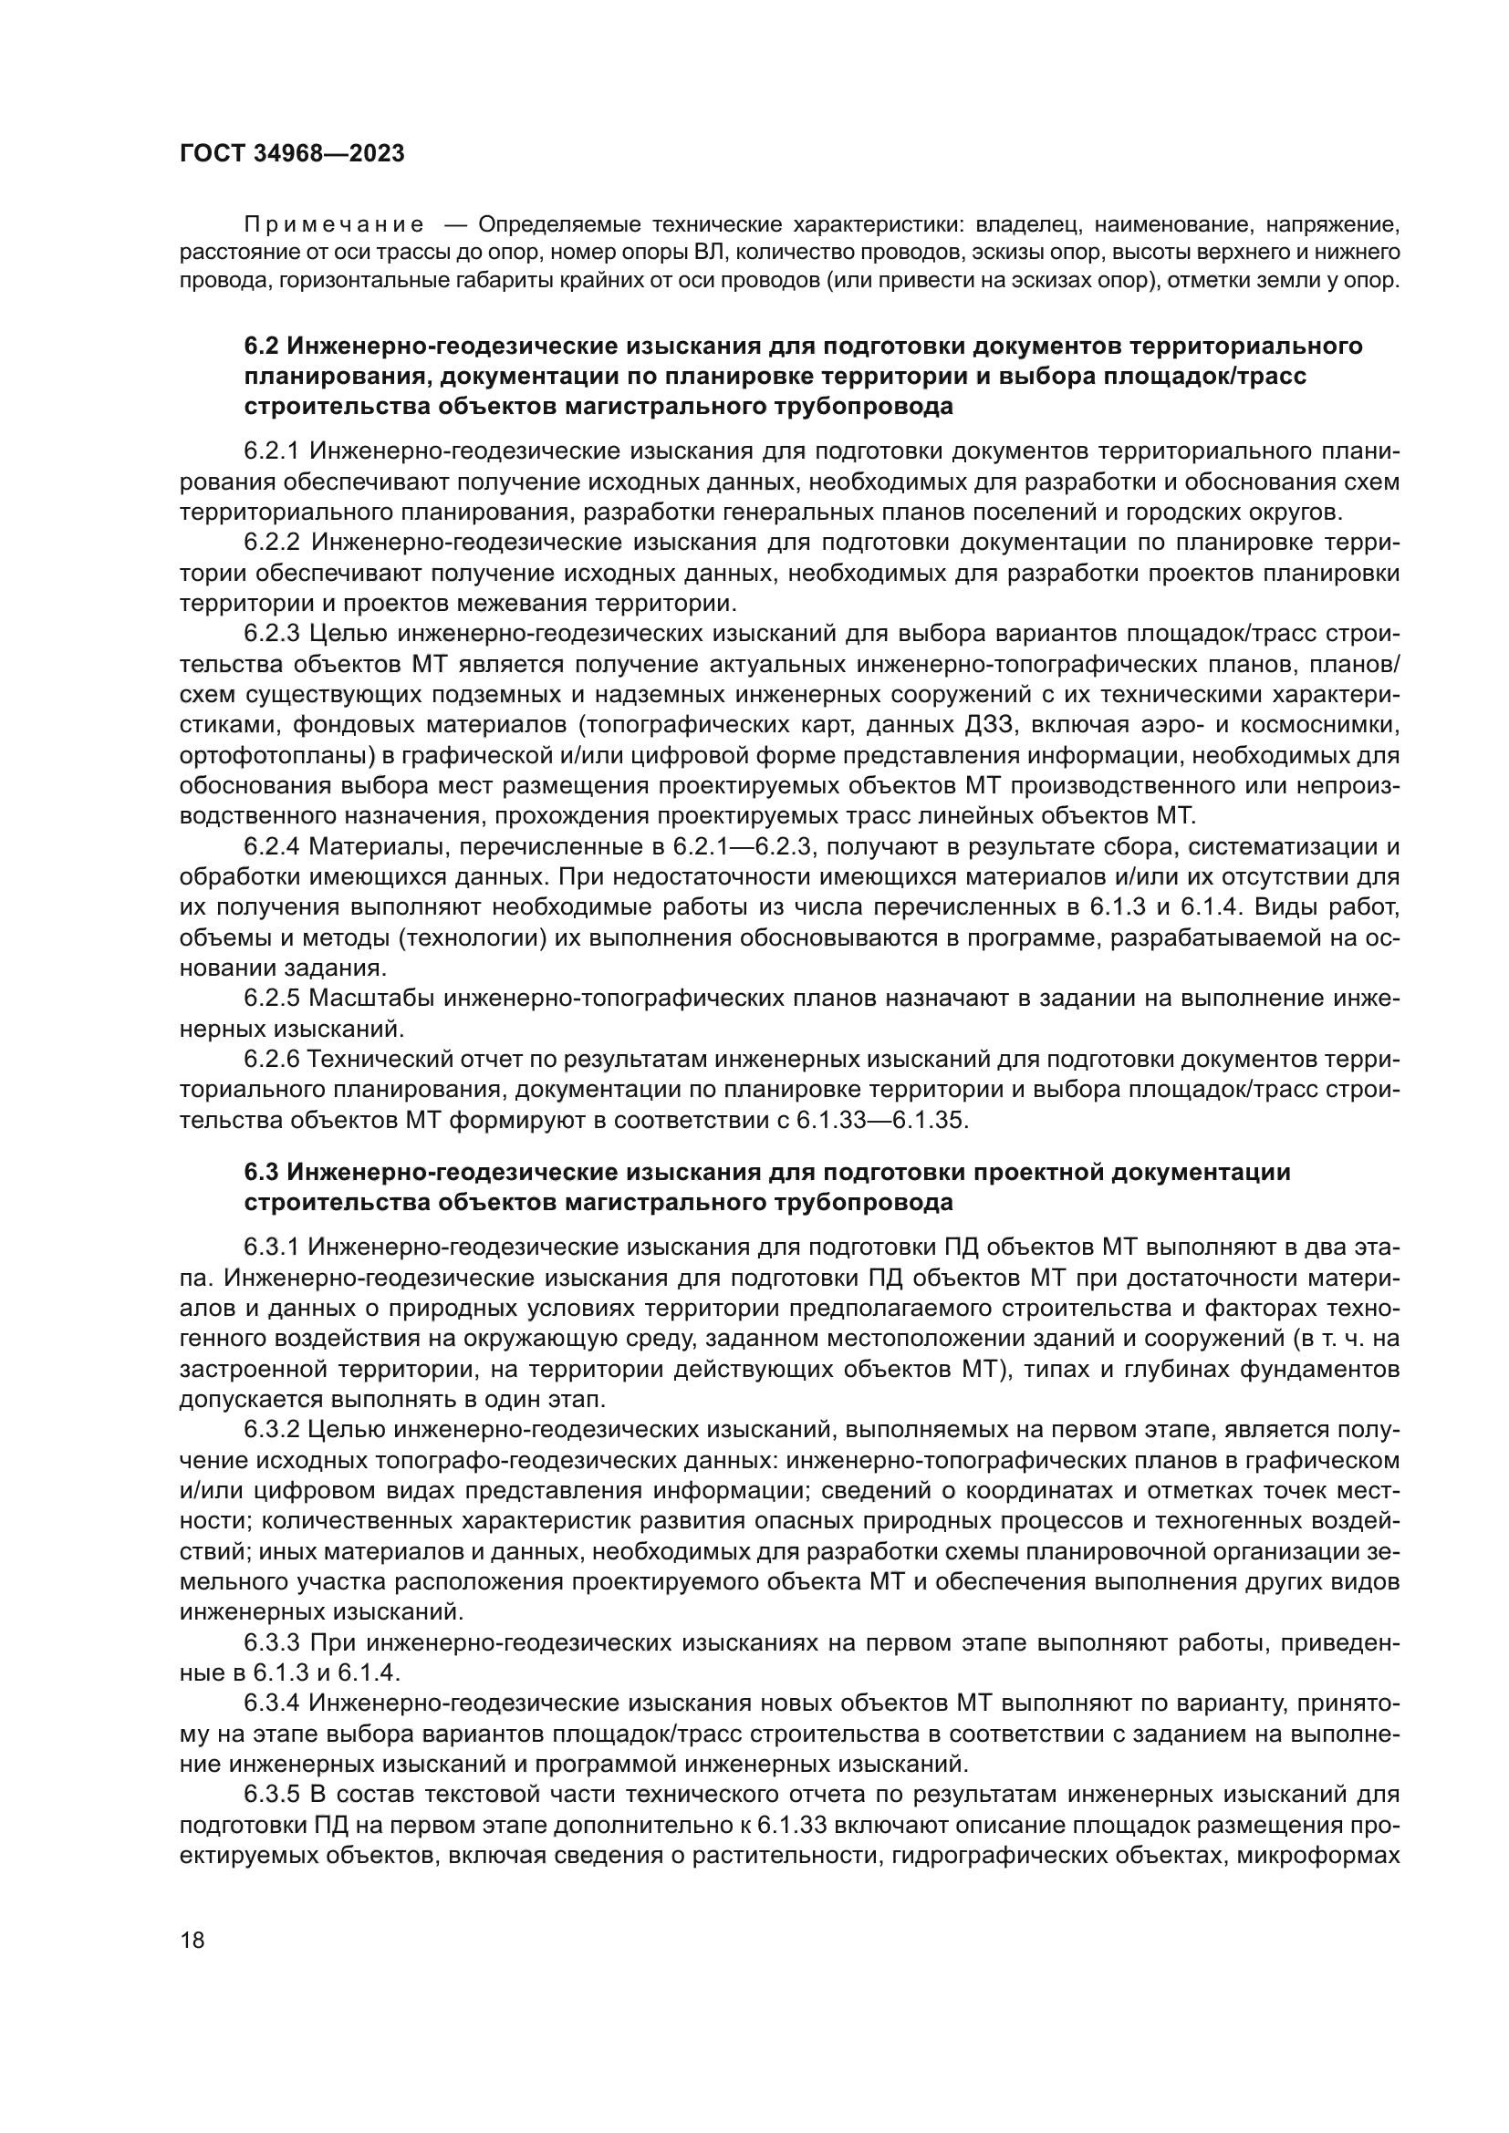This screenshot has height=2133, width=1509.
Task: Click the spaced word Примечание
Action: click(x=335, y=225)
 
